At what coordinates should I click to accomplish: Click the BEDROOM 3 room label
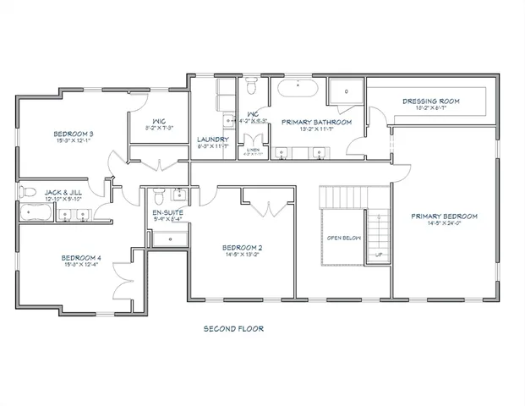coord(74,134)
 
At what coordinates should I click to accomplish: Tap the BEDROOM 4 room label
coord(80,258)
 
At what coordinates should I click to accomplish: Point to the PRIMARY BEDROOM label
coord(444,217)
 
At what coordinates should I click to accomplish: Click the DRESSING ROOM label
coord(430,101)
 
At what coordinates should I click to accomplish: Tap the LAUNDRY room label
coord(211,140)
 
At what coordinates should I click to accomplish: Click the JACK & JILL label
coord(64,193)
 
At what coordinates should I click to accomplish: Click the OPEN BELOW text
coord(344,238)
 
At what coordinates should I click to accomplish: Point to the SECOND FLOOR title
coord(232,328)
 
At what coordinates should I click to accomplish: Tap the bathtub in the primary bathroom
coord(297,88)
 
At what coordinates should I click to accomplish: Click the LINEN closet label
coord(254,149)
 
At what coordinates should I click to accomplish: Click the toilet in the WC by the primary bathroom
coord(252,85)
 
